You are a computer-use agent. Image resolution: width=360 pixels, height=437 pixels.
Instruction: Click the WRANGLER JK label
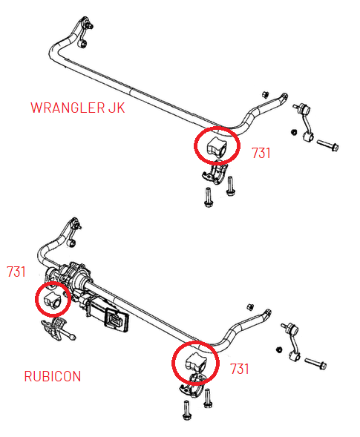(78, 108)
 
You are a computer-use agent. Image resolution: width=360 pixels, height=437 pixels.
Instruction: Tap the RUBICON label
(53, 376)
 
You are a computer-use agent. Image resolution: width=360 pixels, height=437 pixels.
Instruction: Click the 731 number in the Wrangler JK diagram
(261, 154)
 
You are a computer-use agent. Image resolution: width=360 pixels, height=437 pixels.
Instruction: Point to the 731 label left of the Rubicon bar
(16, 272)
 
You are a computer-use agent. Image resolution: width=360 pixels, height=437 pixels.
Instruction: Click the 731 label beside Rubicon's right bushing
(240, 368)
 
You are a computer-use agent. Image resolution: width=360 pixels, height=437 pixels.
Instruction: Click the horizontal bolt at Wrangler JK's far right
(327, 145)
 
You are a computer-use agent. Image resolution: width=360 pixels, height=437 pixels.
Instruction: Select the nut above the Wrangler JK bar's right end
(264, 93)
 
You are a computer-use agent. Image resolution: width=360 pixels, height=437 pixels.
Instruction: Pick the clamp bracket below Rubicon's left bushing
(54, 330)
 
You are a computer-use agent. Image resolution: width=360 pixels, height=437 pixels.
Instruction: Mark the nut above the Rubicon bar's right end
(251, 307)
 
